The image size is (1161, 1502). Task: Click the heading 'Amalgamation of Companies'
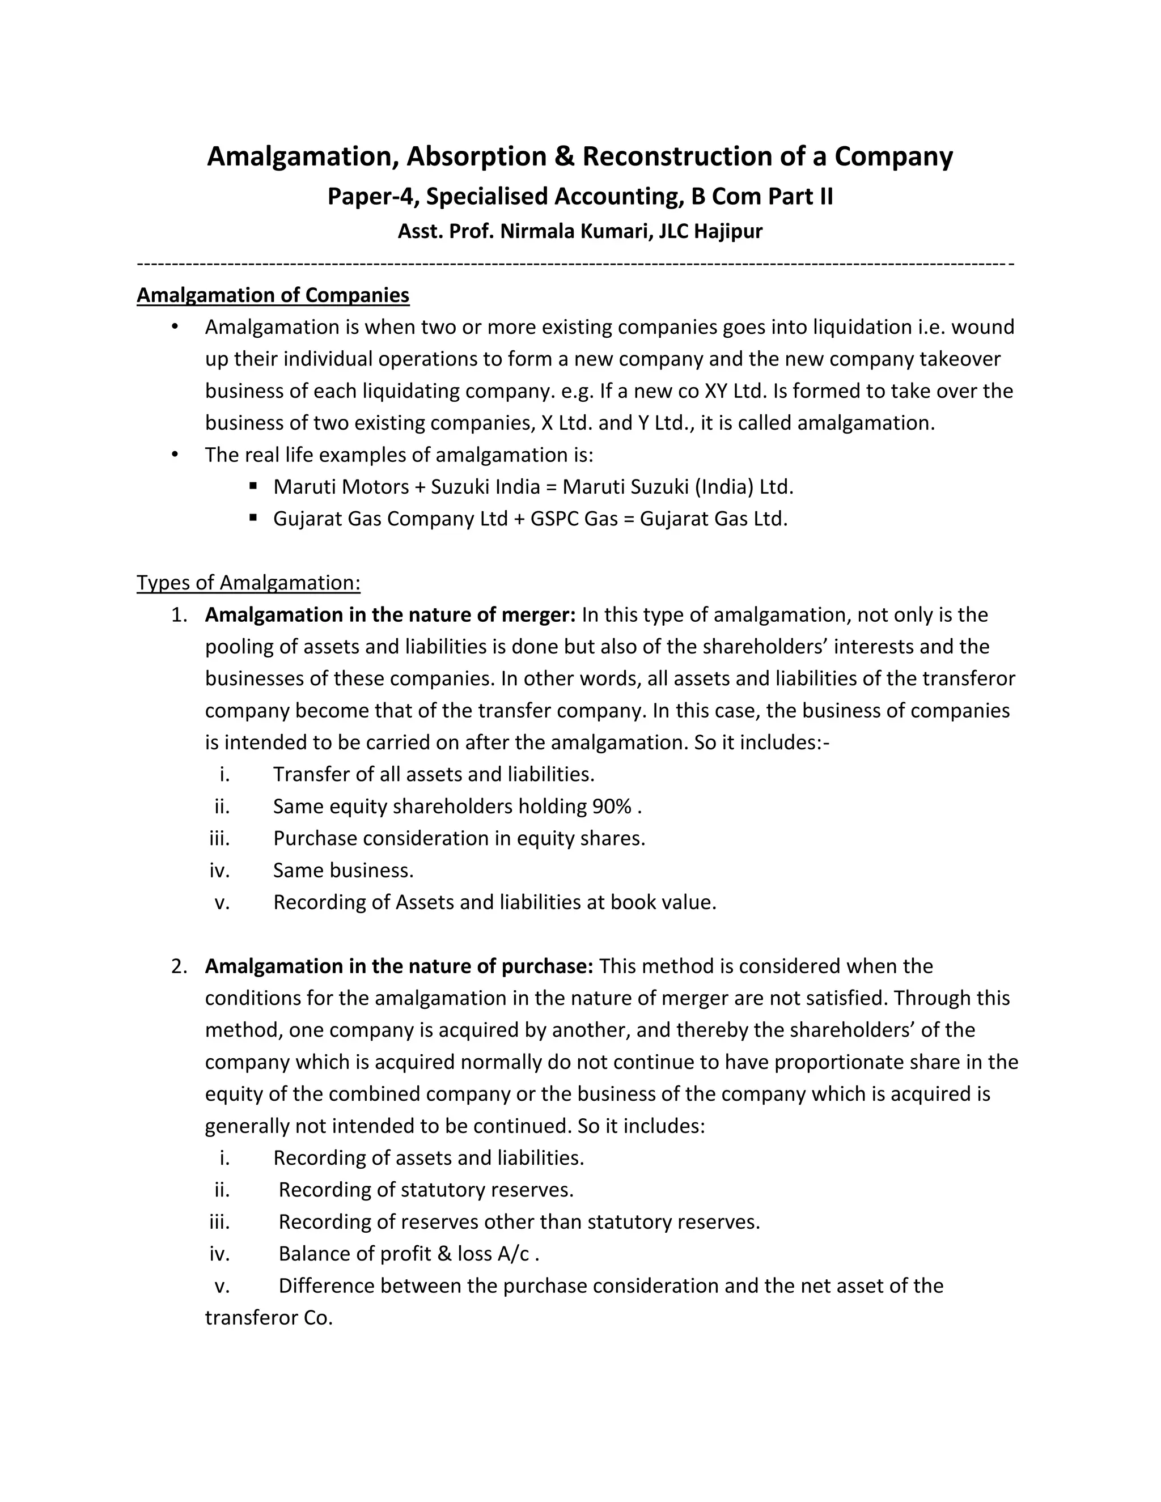pyautogui.click(x=273, y=295)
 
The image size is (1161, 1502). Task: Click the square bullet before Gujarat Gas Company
pyautogui.click(x=253, y=516)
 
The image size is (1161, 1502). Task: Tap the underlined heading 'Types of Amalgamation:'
pyautogui.click(x=248, y=583)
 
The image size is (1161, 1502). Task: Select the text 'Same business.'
pyautogui.click(x=343, y=870)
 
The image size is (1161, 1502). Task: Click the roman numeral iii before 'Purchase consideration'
pyautogui.click(x=219, y=838)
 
